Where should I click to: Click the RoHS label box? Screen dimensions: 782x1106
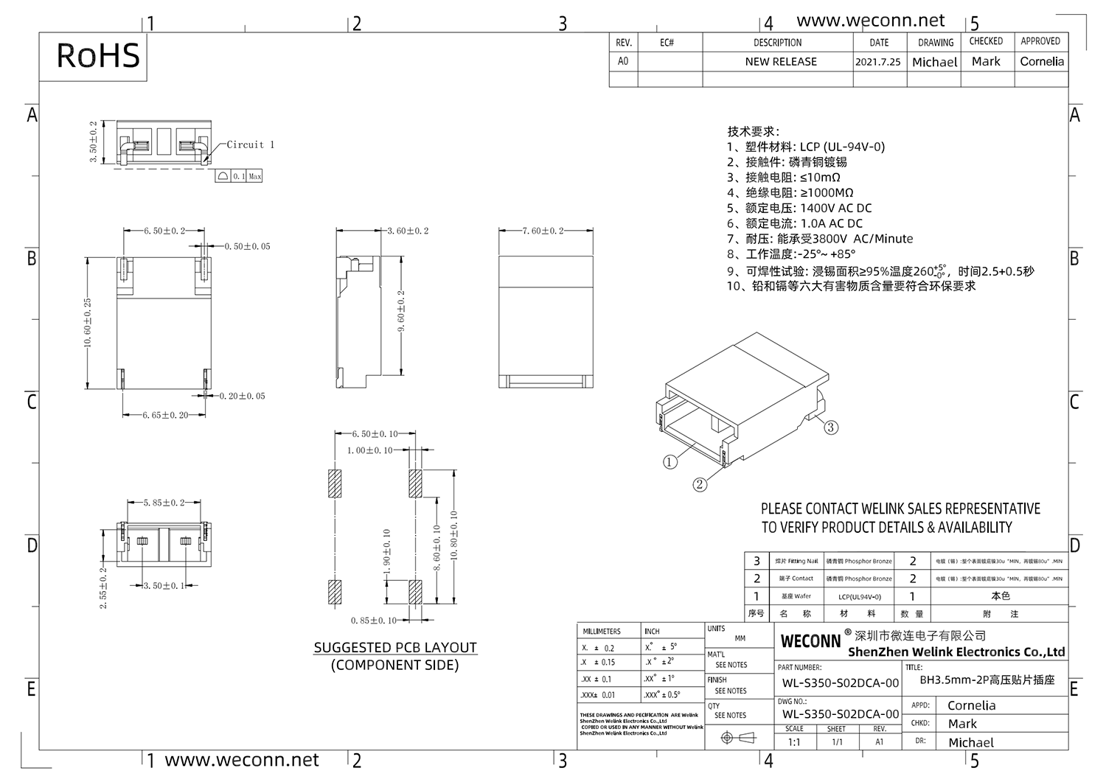click(x=98, y=56)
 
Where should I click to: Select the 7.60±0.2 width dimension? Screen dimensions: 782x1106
click(x=542, y=231)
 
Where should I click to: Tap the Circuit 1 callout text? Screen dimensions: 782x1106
click(x=250, y=144)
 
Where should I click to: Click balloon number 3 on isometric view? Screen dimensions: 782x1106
click(x=831, y=427)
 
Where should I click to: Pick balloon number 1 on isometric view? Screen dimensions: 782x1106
click(x=669, y=462)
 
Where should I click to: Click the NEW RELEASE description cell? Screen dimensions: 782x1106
click(x=780, y=62)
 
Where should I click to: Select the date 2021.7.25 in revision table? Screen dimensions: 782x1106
click(x=877, y=62)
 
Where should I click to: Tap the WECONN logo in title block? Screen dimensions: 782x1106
click(x=810, y=640)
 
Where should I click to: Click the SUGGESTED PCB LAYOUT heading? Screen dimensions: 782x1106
click(x=395, y=647)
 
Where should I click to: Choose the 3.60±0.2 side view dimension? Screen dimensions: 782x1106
click(x=408, y=231)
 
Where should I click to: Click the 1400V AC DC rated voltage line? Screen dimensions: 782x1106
click(x=799, y=208)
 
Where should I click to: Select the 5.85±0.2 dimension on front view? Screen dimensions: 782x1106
click(x=164, y=503)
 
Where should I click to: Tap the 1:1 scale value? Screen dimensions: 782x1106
click(x=794, y=742)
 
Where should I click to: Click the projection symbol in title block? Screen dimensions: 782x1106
click(x=737, y=738)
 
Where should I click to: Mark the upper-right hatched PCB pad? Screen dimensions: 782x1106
click(x=415, y=483)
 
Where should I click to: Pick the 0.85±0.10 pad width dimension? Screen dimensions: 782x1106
click(x=374, y=621)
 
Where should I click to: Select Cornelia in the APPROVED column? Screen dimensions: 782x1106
click(x=1041, y=62)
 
